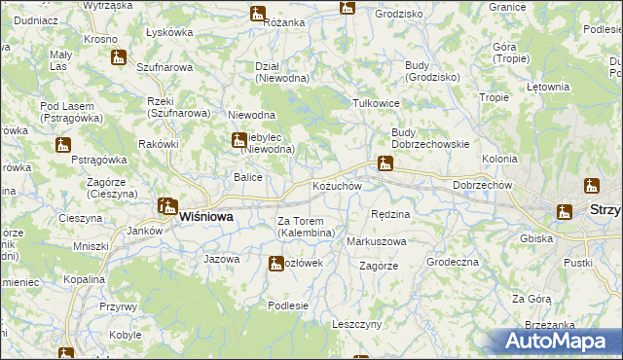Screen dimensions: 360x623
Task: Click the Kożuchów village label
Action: click(337, 186)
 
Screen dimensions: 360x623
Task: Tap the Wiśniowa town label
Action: click(205, 218)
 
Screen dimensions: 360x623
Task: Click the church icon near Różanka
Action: click(257, 14)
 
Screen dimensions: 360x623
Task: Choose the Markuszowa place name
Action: click(377, 240)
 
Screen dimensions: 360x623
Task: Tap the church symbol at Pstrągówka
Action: click(64, 145)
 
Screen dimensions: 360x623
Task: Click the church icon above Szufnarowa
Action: click(119, 57)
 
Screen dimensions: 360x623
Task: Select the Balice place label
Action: click(247, 177)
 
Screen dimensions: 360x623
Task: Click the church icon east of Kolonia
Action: click(591, 185)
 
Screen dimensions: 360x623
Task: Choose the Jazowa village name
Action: click(222, 259)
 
